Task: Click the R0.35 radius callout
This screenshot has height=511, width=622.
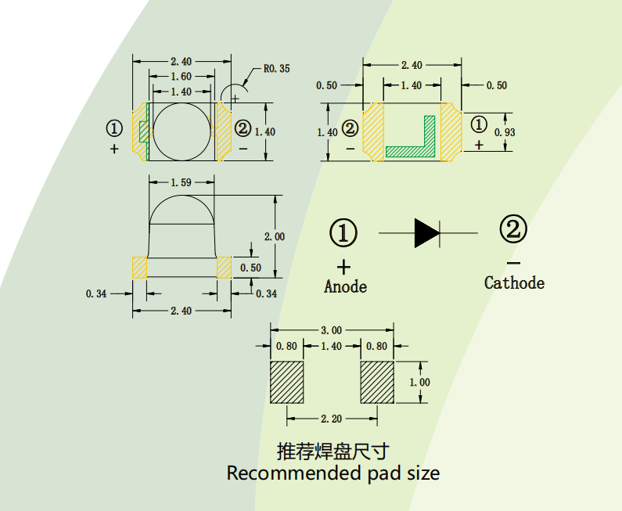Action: pyautogui.click(x=276, y=69)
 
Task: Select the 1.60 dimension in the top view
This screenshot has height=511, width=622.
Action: pyautogui.click(x=181, y=77)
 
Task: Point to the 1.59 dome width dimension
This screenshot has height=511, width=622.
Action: pyautogui.click(x=182, y=182)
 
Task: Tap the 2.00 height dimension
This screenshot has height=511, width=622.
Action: pyautogui.click(x=275, y=236)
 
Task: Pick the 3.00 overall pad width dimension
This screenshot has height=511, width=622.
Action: pyautogui.click(x=332, y=330)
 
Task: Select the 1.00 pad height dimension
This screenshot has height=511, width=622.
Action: pyautogui.click(x=420, y=382)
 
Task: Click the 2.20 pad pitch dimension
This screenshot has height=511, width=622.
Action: pyautogui.click(x=332, y=419)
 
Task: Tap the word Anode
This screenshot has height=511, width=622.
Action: pyautogui.click(x=345, y=286)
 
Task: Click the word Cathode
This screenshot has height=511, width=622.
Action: pyautogui.click(x=514, y=282)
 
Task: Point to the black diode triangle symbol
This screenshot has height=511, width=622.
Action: pyautogui.click(x=426, y=233)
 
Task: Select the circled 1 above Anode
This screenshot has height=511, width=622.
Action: pyautogui.click(x=343, y=232)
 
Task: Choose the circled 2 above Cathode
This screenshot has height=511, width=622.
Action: pyautogui.click(x=513, y=230)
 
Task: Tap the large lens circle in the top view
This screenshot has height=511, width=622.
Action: pyautogui.click(x=182, y=131)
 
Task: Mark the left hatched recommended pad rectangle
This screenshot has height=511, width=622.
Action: pyautogui.click(x=286, y=382)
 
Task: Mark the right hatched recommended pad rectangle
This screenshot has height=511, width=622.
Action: pyautogui.click(x=376, y=382)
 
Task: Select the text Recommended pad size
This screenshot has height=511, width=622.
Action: pyautogui.click(x=333, y=473)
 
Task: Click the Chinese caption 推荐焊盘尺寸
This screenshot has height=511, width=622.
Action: pyautogui.click(x=333, y=452)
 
